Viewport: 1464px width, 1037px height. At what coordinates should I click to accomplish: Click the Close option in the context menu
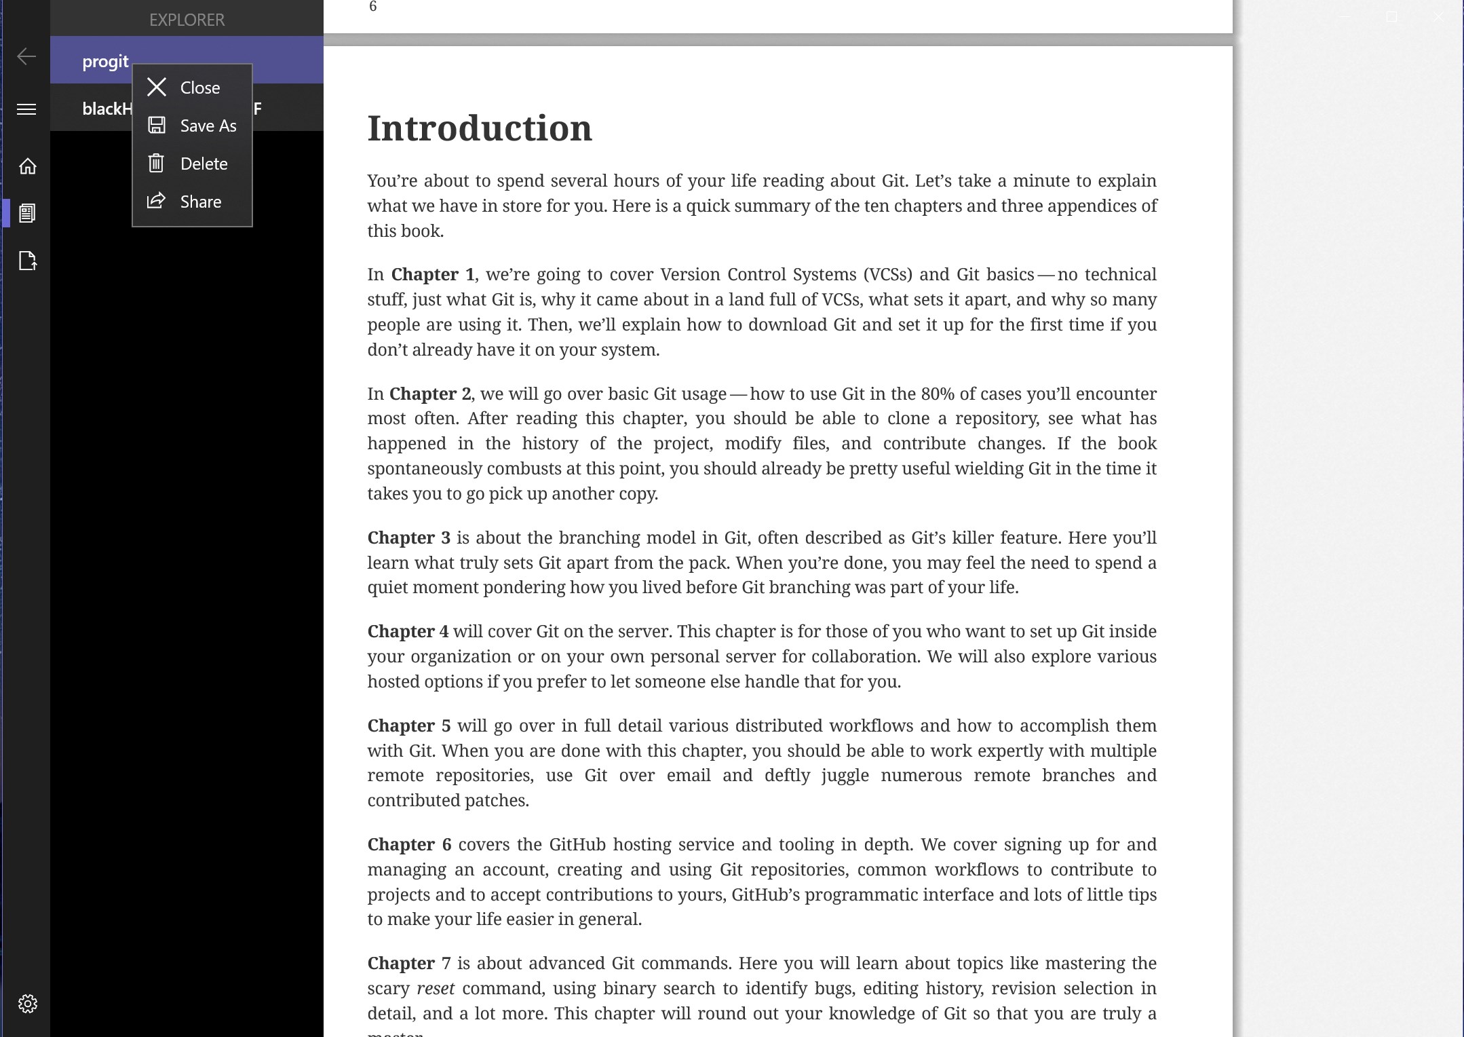199,88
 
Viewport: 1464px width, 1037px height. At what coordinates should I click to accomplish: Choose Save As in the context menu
208,126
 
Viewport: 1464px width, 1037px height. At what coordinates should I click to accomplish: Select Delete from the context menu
204,164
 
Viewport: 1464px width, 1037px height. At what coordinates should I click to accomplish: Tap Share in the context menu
200,202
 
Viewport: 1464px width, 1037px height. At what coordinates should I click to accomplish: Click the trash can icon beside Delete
156,164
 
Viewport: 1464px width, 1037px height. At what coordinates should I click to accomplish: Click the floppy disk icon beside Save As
157,126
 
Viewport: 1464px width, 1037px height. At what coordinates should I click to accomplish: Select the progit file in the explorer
105,62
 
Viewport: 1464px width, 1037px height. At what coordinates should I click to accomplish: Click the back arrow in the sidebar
26,56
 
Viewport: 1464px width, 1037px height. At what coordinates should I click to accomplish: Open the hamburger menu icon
26,109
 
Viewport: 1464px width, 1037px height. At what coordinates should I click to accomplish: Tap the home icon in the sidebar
27,166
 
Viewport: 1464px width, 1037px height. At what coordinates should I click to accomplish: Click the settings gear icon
27,1004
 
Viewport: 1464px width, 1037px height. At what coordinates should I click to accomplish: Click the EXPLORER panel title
187,20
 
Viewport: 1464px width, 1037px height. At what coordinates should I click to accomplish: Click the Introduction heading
480,128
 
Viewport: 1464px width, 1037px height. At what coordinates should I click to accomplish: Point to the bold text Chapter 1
433,275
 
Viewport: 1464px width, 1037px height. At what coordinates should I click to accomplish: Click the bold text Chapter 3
408,538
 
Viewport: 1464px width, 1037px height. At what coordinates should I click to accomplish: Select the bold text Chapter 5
408,726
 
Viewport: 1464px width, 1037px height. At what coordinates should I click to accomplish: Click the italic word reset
436,989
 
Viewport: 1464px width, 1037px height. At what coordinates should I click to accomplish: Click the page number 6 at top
372,7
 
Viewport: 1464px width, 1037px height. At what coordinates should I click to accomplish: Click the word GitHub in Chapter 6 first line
577,845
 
